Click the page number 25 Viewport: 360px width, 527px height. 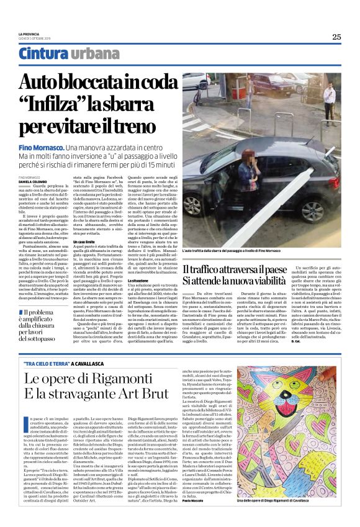tap(336, 37)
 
